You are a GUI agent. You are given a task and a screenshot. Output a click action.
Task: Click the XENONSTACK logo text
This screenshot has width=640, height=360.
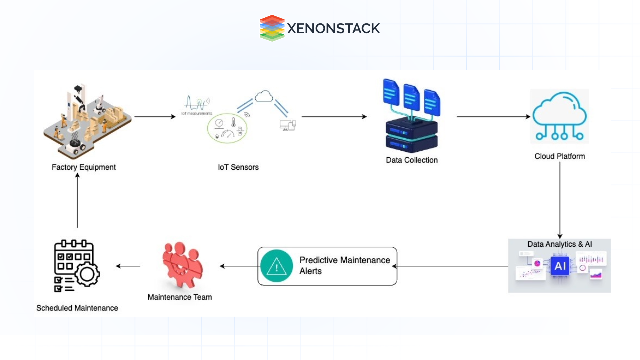[x=333, y=28]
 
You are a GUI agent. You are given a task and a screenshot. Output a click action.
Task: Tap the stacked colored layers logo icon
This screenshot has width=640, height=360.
[x=272, y=28]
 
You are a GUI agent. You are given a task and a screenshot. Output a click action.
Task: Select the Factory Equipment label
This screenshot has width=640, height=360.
[x=84, y=167]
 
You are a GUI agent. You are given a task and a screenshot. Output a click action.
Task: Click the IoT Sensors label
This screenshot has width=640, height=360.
[x=238, y=167]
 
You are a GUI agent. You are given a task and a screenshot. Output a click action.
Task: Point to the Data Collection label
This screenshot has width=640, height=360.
[x=412, y=160]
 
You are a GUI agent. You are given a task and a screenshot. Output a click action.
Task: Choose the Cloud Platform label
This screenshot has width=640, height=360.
[x=560, y=156]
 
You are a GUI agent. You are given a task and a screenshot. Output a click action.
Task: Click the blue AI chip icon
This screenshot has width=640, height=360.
[x=560, y=266]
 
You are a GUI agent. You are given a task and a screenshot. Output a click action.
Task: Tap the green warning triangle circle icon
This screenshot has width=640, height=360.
[x=276, y=266]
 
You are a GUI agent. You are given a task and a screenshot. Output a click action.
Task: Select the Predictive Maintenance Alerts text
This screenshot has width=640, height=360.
[x=344, y=265]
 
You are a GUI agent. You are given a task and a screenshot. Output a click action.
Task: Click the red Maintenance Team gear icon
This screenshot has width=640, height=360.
[x=182, y=265]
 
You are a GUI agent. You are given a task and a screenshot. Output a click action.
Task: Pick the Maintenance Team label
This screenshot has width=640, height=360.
[x=180, y=297]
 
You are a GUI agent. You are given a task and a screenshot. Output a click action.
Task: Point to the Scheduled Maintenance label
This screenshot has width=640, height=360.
[x=77, y=308]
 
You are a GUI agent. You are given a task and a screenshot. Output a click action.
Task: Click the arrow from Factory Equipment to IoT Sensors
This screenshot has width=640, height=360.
[x=155, y=117]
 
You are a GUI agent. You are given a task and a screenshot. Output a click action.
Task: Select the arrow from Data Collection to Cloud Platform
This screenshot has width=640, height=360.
[x=493, y=117]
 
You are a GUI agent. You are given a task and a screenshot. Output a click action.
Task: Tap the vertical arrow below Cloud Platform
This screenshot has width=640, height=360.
[x=560, y=200]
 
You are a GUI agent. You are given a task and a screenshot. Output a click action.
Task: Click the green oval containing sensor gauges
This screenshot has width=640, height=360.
[x=227, y=128]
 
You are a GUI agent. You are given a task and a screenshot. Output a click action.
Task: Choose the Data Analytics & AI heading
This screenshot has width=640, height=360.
[x=560, y=244]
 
